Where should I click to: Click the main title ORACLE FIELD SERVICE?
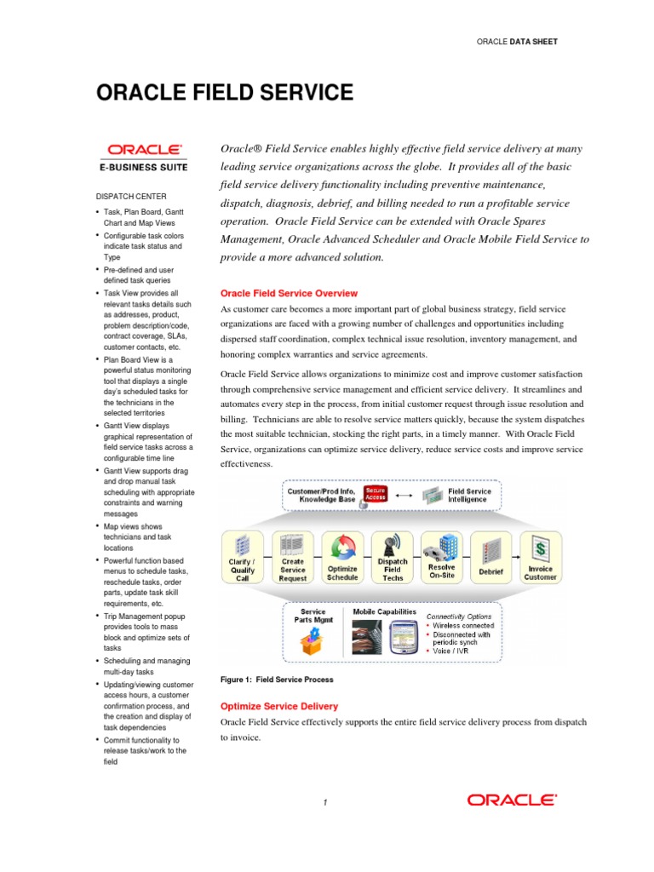click(x=223, y=92)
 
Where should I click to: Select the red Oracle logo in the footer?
click(x=511, y=800)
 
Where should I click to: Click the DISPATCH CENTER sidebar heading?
click(x=130, y=196)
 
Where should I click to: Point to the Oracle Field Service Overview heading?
click(x=290, y=293)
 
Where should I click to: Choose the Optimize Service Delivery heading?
click(x=279, y=706)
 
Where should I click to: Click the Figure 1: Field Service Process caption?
click(x=277, y=680)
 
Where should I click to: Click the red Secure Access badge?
click(x=375, y=494)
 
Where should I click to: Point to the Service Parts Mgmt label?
click(x=313, y=617)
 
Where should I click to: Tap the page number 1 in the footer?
click(x=326, y=802)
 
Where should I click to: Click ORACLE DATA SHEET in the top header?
click(x=517, y=41)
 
